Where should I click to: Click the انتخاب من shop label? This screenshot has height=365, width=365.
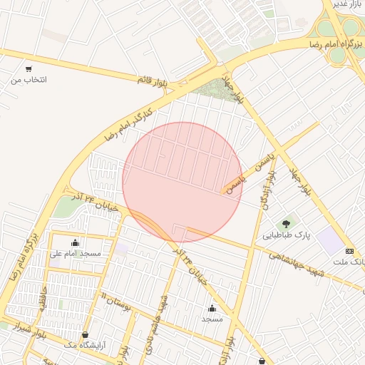pyautogui.click(x=29, y=80)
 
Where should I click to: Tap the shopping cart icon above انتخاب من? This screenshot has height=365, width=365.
pyautogui.click(x=29, y=69)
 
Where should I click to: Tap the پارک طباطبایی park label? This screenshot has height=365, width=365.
pyautogui.click(x=287, y=235)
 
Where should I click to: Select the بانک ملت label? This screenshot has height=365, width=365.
pyautogui.click(x=349, y=262)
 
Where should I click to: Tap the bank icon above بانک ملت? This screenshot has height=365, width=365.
pyautogui.click(x=349, y=251)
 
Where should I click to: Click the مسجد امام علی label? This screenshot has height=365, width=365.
pyautogui.click(x=76, y=253)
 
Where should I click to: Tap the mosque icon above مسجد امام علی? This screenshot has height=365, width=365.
pyautogui.click(x=76, y=242)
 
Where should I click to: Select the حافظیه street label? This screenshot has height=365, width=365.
pyautogui.click(x=44, y=302)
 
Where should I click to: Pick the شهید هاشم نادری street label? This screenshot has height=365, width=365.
pyautogui.click(x=158, y=316)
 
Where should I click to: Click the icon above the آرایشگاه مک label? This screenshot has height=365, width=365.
pyautogui.click(x=86, y=334)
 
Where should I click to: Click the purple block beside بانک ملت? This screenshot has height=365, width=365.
pyautogui.click(x=330, y=240)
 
